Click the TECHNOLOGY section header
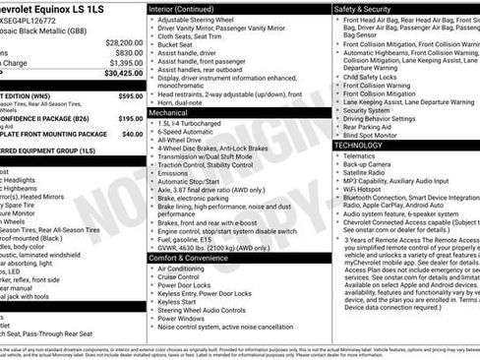[x=360, y=145]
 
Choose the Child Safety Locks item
[x=373, y=76]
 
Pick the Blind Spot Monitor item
[x=375, y=136]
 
